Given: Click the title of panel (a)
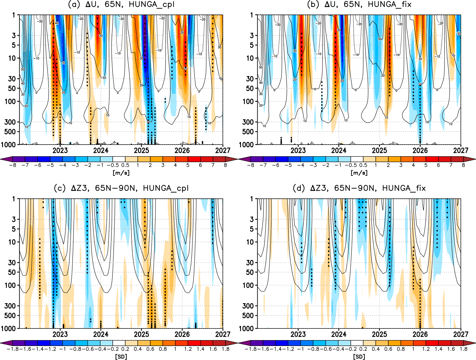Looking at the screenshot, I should pos(121,4).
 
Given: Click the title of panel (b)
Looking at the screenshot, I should pos(359,4).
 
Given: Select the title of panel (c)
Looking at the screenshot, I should pos(121,188).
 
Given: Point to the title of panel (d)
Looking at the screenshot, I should pos(359,188).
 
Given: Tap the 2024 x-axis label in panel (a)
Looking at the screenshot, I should pos(101,151).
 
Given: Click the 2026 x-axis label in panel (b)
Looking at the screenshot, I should pos(420,151).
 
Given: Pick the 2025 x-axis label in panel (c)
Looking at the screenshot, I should pos(142,334).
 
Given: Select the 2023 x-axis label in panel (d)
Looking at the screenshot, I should pos(298,334).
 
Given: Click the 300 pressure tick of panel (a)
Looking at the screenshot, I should pos(10,122).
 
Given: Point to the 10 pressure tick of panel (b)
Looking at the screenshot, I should pos(250,58).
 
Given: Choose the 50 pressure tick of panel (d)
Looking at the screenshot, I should pos(250,272).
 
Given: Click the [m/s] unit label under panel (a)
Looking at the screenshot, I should pos(121,173).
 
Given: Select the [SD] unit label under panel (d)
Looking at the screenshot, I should pos(359,356).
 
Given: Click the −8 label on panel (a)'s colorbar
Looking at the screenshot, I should pos(12,165).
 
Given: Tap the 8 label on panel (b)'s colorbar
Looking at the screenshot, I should pos(463,165).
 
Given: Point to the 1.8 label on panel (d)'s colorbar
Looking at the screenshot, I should pos(464,349).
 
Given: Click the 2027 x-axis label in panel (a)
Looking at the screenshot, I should pos(223,151).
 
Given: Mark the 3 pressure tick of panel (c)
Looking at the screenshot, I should pos(14,219).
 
